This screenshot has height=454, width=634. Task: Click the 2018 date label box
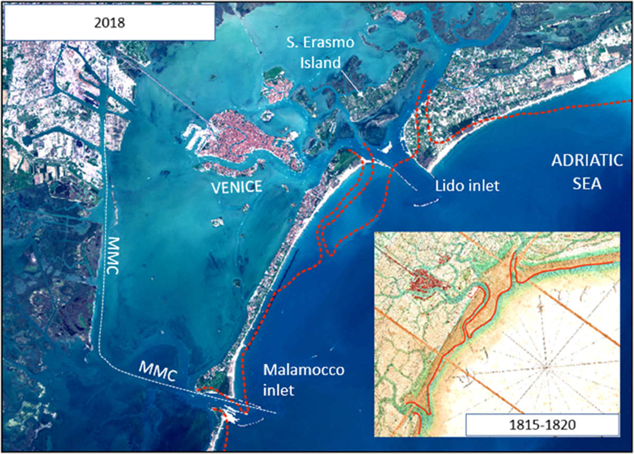tap(109, 21)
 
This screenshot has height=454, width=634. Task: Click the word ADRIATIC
tap(586, 161)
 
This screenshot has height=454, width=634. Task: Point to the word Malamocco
tap(304, 371)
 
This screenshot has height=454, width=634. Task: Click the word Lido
tap(447, 186)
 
